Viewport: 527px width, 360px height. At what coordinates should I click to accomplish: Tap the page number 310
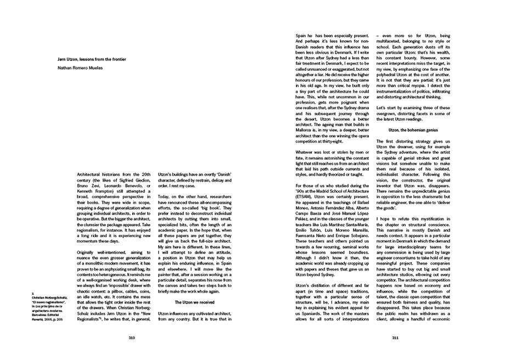pyautogui.click(x=131, y=338)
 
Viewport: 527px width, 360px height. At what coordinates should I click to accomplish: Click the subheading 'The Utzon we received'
pyautogui.click(x=194, y=302)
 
